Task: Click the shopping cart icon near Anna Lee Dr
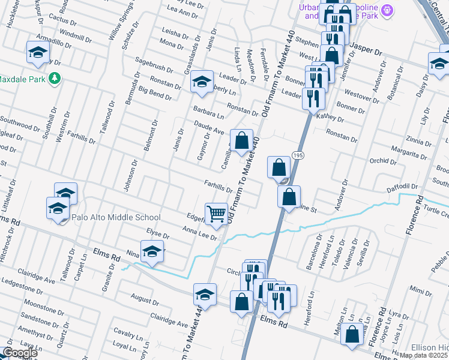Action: pos(216,213)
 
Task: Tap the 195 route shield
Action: pos(298,156)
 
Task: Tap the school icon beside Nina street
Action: pos(152,251)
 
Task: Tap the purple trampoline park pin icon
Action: pos(388,10)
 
